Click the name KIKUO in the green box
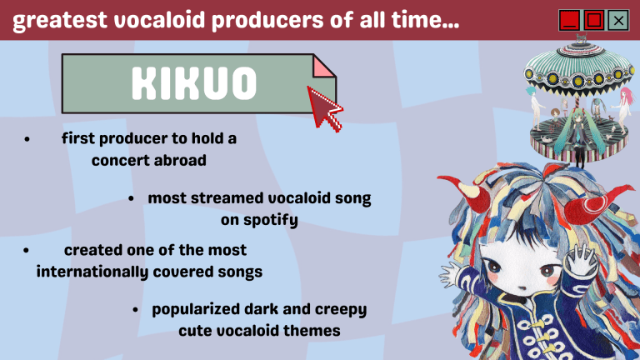[x=192, y=82]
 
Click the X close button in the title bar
[x=617, y=19]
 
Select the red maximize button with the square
[x=593, y=19]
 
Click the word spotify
[x=271, y=220]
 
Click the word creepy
[x=341, y=309]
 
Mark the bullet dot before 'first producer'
[x=27, y=140]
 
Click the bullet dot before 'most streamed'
[x=132, y=199]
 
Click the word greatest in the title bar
[x=52, y=20]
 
